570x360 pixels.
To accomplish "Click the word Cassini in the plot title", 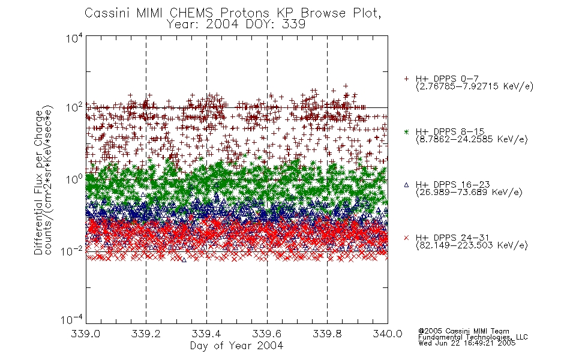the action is point(108,13).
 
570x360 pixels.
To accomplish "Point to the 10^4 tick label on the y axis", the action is point(74,38).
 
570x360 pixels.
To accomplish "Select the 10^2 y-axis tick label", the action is point(74,108).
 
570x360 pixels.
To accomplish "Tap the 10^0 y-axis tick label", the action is point(74,179).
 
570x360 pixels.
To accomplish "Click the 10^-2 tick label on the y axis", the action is point(72,251).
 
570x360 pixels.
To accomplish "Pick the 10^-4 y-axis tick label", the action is point(72,320).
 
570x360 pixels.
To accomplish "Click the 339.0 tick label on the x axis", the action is point(85,334).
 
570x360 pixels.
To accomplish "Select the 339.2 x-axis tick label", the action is point(146,334).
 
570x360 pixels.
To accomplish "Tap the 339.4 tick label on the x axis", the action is point(206,334).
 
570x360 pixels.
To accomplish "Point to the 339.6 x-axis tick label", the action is point(267,334).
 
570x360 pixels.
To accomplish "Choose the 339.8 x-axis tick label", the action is point(327,334).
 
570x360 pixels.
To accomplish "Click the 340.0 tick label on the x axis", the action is point(388,334).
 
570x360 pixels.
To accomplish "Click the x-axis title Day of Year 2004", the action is point(236,346).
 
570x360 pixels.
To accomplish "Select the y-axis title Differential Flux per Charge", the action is point(38,182).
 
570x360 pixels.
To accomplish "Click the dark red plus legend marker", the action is point(406,79).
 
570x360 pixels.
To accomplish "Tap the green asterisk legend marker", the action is point(406,131).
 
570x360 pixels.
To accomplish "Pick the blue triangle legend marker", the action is point(406,185).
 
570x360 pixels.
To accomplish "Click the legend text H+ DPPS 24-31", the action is point(452,238).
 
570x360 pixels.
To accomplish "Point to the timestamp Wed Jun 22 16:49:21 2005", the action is point(467,343).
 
